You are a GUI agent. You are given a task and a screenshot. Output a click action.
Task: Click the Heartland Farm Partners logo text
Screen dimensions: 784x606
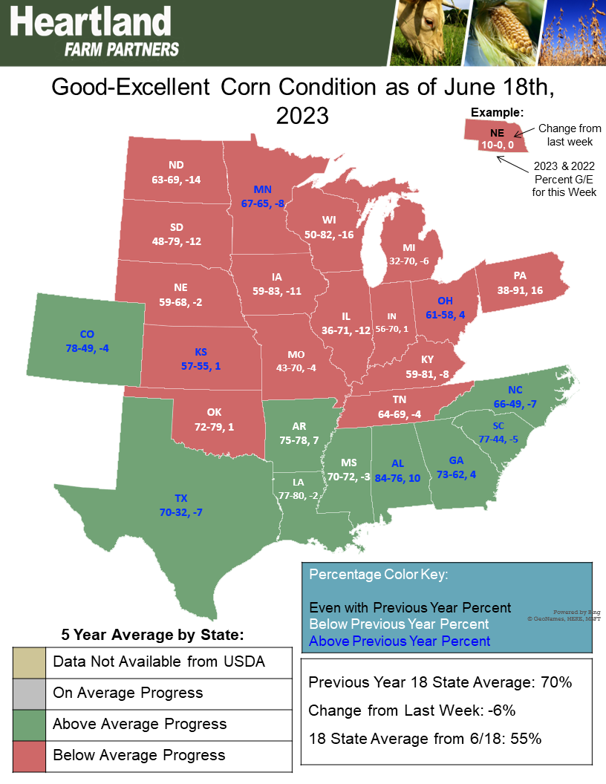pos(94,32)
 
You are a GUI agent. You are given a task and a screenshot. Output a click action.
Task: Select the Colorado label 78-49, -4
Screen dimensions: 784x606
pos(88,341)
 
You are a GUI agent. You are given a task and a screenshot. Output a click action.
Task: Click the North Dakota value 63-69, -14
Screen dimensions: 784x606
pos(176,172)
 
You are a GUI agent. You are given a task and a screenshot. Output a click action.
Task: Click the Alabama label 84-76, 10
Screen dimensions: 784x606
pos(397,471)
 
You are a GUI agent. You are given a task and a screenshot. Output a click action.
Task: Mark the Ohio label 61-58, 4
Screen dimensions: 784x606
pos(445,307)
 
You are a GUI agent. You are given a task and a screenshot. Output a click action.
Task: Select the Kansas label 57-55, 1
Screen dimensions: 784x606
pos(201,359)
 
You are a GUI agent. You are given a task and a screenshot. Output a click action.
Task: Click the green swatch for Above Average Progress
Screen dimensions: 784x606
pos(29,724)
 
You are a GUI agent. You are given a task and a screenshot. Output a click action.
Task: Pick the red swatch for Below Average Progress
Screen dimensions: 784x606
pos(29,755)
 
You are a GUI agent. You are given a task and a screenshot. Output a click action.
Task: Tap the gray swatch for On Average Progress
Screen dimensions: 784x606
pos(29,693)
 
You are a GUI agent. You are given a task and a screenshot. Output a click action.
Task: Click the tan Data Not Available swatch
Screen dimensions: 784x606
pos(29,661)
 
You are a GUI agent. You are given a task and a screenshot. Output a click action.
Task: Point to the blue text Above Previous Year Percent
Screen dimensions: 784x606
pos(400,641)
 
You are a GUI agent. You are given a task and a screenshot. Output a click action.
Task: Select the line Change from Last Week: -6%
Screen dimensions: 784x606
pos(411,710)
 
